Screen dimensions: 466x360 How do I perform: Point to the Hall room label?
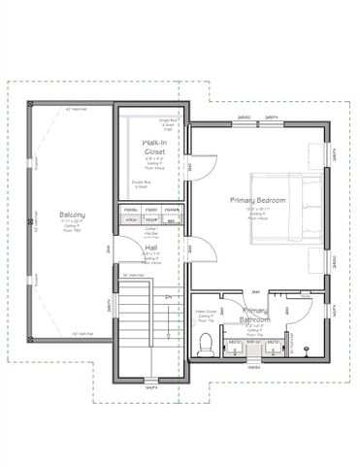152,248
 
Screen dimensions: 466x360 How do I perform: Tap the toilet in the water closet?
205,343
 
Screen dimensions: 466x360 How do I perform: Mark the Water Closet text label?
205,312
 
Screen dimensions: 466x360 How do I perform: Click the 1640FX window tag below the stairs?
149,387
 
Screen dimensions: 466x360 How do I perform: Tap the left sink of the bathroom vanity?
234,347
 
